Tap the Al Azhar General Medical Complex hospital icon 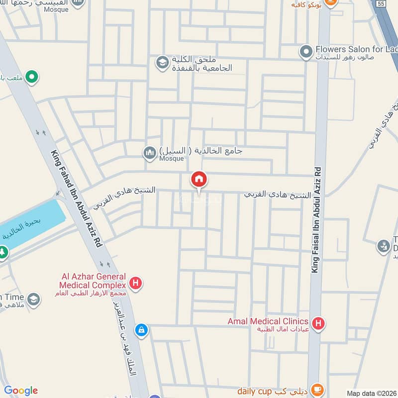coord(135,284)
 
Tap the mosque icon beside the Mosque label coord(149,154)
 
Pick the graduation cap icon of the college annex coord(162,63)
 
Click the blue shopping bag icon coord(142,330)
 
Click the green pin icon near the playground coord(32,78)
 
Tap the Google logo coord(21,391)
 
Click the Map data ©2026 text coord(371,393)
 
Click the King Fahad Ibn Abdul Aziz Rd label coord(77,199)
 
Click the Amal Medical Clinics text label coord(268,321)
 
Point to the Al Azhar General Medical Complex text coord(92,281)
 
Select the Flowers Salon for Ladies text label coord(356,50)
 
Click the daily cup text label coord(254,391)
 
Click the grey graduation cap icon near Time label coord(33,299)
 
